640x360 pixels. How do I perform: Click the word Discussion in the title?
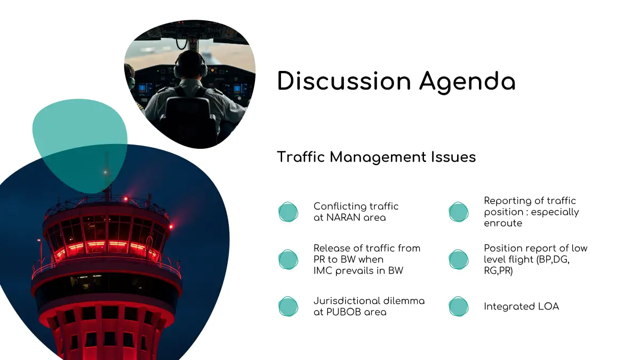344,81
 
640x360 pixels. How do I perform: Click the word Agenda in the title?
467,83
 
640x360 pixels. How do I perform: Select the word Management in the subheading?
378,157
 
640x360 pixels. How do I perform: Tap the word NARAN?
342,218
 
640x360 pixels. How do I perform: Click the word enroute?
503,223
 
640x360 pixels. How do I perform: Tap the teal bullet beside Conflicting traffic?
289,212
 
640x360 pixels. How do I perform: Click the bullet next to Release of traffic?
289,259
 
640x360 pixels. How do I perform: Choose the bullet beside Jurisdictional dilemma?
289,307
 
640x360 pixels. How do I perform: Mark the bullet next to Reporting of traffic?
459,212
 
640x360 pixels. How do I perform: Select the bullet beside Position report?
459,259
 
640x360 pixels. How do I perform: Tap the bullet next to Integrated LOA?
459,307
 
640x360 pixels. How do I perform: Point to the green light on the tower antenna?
105,172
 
